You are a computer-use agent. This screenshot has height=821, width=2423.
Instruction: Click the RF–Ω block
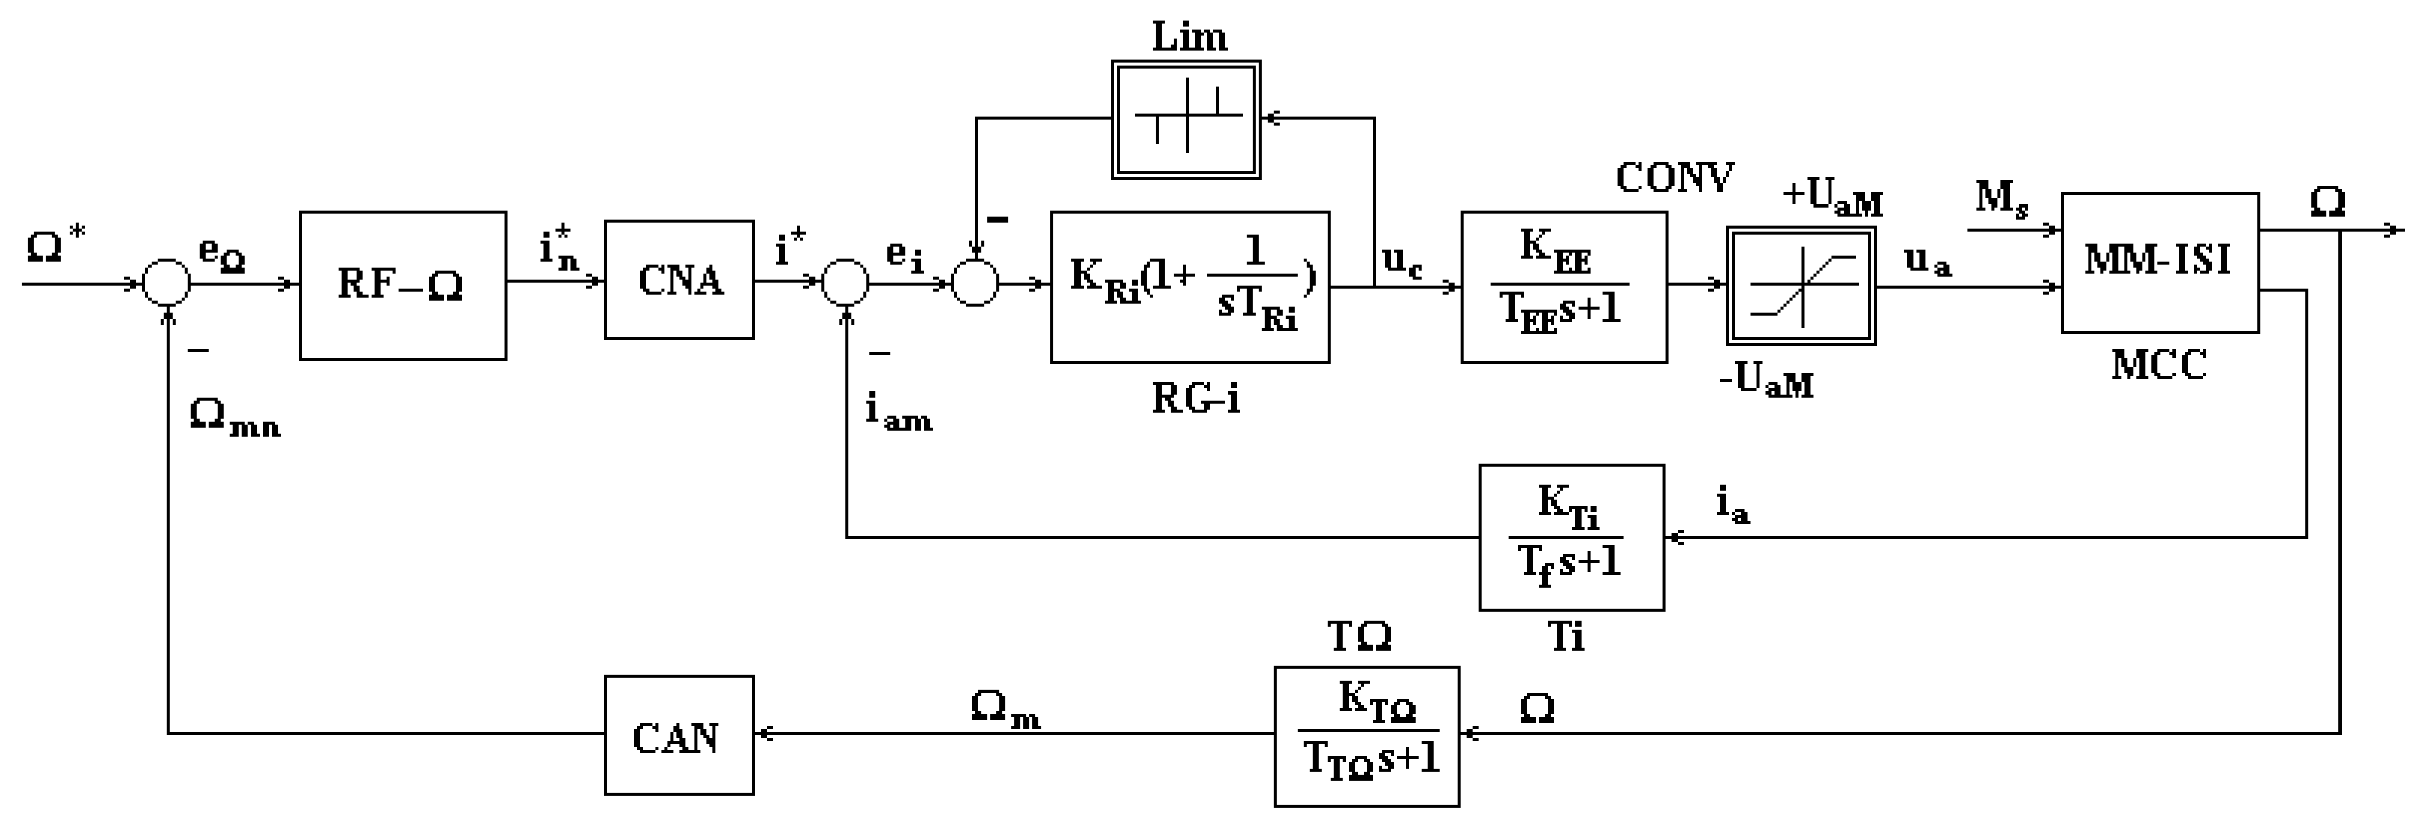[x=403, y=285]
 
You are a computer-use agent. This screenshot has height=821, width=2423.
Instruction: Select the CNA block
[x=678, y=279]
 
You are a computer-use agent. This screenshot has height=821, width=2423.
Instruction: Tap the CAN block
[x=678, y=735]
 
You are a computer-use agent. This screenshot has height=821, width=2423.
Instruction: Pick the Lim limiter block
[x=1185, y=119]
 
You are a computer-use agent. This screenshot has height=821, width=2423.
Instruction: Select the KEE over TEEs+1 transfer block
[x=1563, y=286]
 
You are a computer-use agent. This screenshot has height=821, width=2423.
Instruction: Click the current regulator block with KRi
[x=1190, y=286]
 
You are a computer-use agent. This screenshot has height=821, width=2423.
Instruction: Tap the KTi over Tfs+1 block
[x=1571, y=537]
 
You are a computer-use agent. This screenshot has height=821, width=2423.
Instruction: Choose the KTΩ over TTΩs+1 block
[x=1366, y=737]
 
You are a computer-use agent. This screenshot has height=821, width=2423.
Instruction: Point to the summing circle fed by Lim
[x=974, y=283]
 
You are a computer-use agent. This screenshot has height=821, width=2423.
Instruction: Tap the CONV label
[x=1674, y=178]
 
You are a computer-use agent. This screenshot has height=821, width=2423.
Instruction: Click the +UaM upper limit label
[x=1832, y=197]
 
